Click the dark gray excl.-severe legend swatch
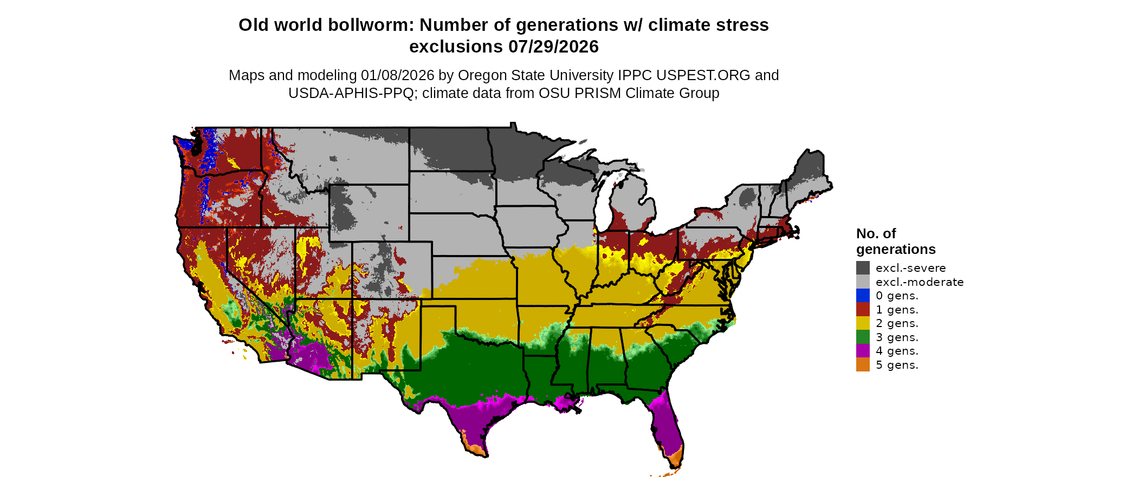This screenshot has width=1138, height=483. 863,267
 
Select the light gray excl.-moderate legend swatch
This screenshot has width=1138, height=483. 863,282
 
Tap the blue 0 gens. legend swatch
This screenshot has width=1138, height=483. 863,295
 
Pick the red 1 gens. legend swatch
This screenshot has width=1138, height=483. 863,309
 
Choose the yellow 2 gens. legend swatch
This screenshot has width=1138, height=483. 863,323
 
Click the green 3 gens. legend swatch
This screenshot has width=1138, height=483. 863,337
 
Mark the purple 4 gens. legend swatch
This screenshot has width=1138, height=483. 863,351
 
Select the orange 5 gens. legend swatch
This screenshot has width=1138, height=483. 863,364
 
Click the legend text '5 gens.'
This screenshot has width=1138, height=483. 897,365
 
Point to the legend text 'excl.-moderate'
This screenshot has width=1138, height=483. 920,282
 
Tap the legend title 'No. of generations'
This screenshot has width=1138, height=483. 895,241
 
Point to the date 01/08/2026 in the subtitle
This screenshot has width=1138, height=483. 398,75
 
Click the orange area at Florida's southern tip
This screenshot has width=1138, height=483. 675,460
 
